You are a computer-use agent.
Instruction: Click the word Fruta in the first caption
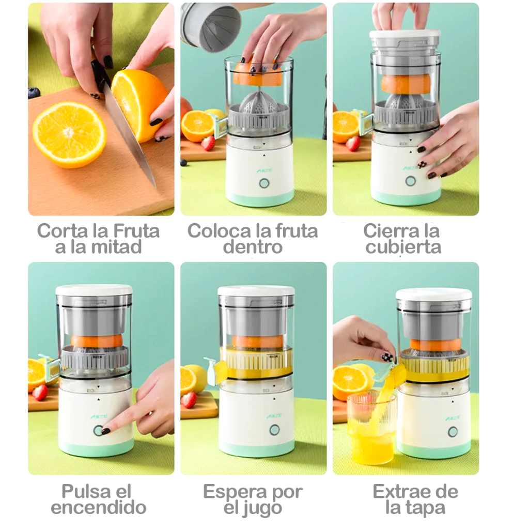click(136, 231)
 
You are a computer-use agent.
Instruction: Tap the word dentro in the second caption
click(253, 247)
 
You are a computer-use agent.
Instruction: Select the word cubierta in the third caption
click(403, 247)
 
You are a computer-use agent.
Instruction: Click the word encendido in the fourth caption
click(99, 507)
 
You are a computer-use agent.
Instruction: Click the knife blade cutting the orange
click(130, 135)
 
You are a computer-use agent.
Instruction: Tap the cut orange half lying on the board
click(70, 135)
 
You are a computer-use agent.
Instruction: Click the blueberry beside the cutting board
click(34, 92)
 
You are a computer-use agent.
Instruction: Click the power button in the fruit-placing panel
click(264, 183)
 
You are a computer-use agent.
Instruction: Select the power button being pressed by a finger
click(98, 430)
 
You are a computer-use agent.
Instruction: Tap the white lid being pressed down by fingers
click(405, 34)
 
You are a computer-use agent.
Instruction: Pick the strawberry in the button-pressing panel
click(40, 393)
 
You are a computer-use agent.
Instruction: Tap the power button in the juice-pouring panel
click(453, 432)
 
